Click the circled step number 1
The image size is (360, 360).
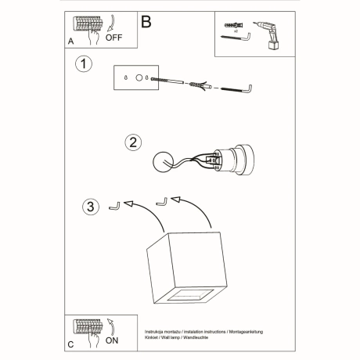point(81,63)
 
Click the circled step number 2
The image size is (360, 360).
point(134,142)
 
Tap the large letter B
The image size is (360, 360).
point(146,22)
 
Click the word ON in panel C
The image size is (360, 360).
point(113,340)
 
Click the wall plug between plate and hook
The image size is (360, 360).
point(199,85)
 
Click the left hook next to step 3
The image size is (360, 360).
point(115,206)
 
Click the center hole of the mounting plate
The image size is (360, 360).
point(138,78)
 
